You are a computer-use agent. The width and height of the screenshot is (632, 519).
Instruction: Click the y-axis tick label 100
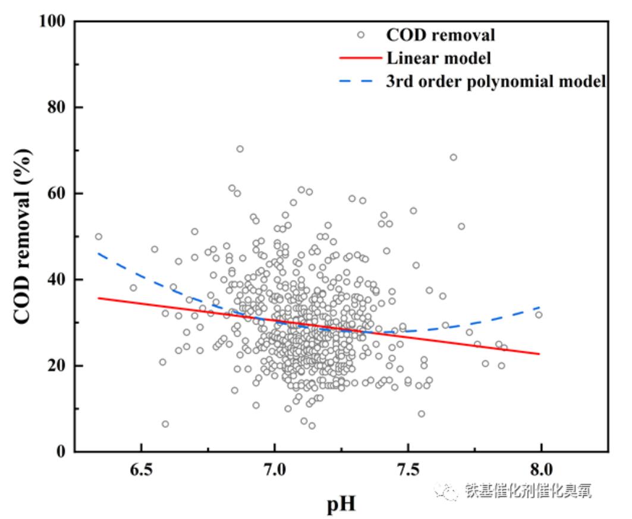[x=52, y=21]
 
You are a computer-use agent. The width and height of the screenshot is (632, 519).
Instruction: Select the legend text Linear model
[x=438, y=58]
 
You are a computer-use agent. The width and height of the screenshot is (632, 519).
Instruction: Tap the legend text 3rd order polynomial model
[x=496, y=81]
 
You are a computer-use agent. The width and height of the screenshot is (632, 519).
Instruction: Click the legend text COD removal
[x=441, y=35]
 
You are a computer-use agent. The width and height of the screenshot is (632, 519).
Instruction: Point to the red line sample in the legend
[x=360, y=58]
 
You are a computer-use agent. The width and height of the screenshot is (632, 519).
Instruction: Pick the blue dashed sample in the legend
[x=360, y=81]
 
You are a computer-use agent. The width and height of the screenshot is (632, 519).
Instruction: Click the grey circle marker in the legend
[x=360, y=35]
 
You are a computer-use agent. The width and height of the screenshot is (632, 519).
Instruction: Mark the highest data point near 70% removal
[x=240, y=149]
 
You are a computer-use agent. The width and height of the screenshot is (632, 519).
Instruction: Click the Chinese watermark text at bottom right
[x=529, y=490]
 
